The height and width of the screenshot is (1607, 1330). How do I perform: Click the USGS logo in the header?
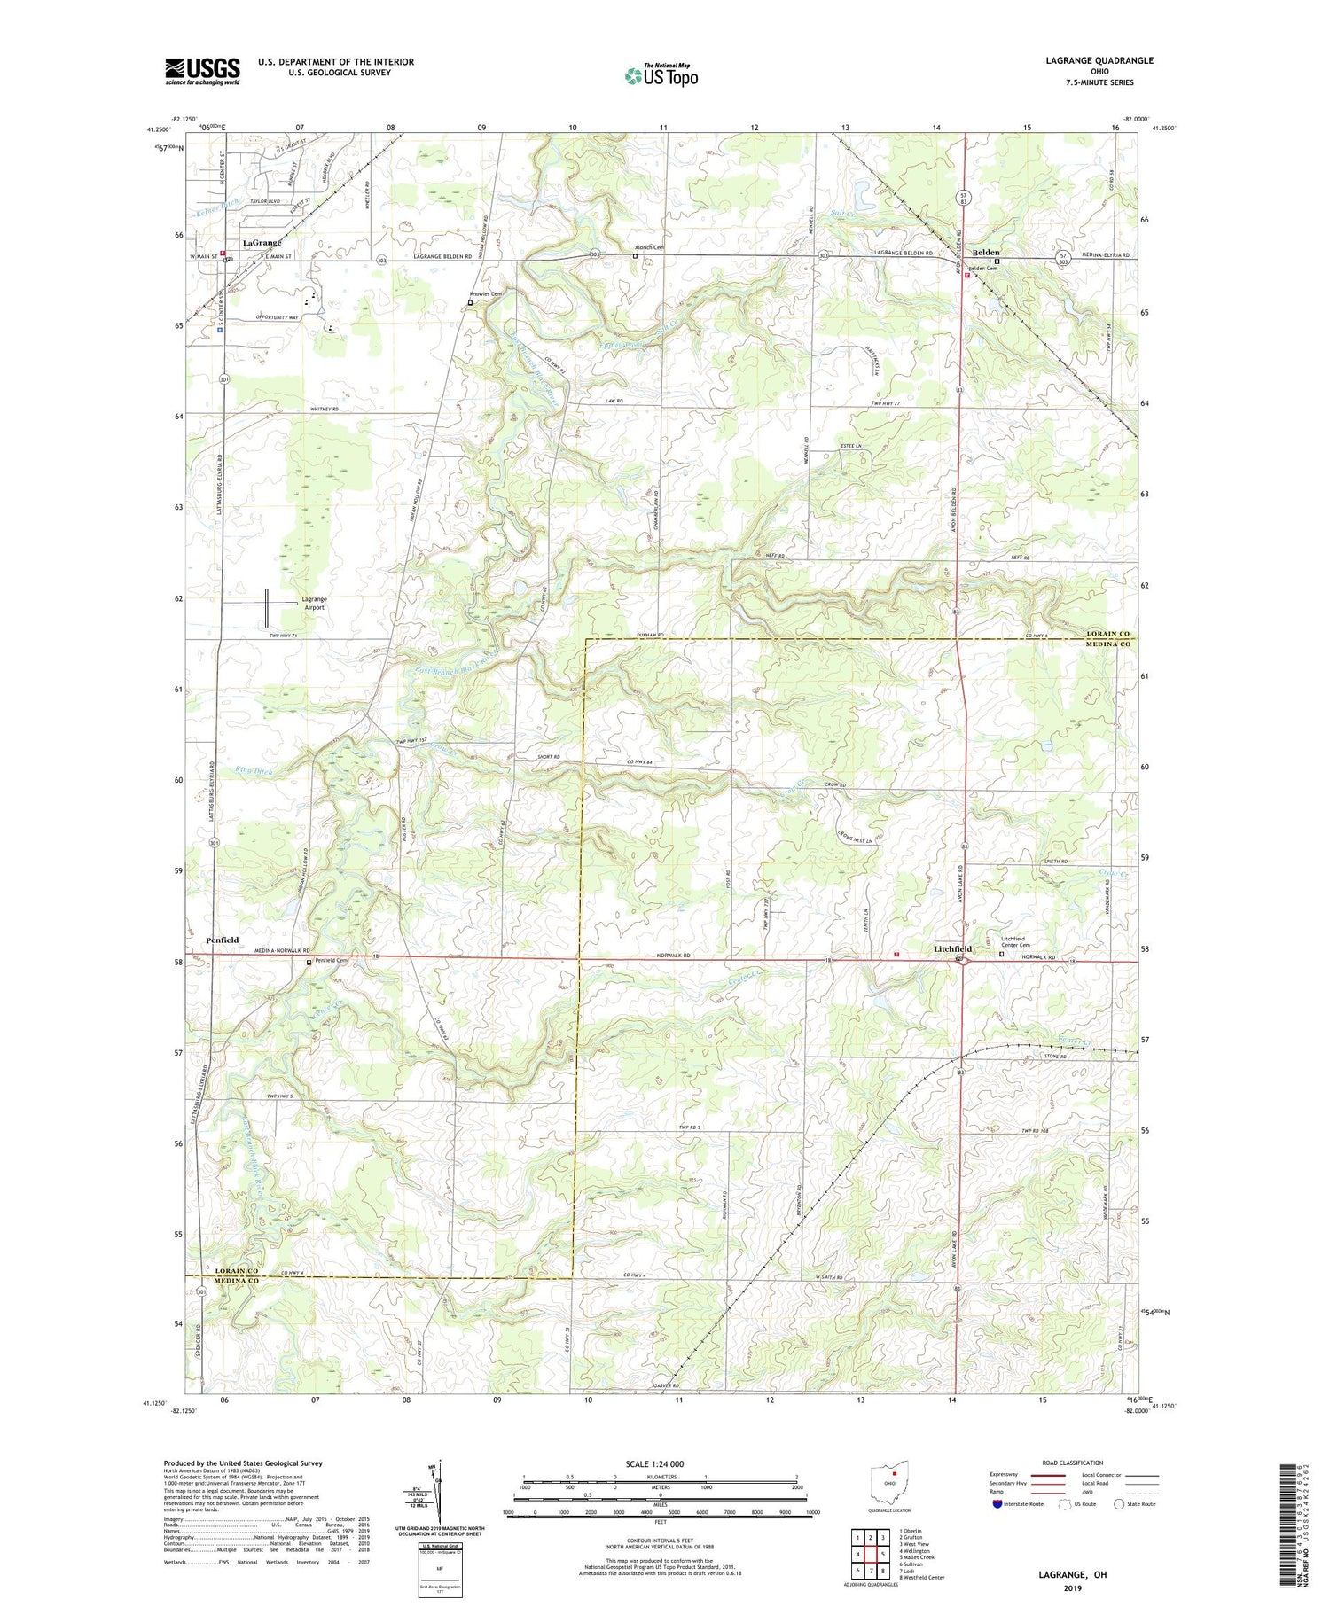click(202, 71)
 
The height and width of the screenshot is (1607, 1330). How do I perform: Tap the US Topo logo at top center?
click(661, 76)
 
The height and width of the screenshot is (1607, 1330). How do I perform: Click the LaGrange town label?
click(262, 242)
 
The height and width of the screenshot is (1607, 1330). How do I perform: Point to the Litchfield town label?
click(952, 948)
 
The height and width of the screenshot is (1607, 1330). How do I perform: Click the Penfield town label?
click(222, 940)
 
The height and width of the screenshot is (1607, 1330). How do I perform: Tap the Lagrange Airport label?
click(314, 604)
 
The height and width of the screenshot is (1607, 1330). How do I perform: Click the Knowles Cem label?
click(486, 294)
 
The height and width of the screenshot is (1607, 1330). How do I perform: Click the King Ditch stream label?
click(254, 771)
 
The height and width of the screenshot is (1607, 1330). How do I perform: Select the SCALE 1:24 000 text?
click(661, 1463)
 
